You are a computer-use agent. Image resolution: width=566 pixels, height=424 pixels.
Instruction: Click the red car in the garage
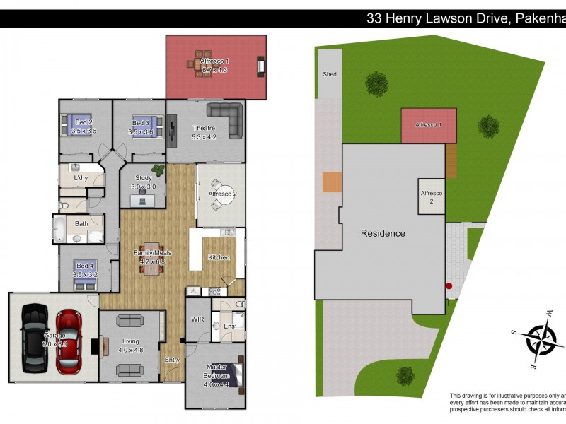tap(69, 341)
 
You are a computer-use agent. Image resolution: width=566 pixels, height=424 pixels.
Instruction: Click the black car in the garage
tap(34, 338)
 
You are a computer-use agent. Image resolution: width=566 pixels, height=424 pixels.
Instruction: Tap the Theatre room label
tap(204, 132)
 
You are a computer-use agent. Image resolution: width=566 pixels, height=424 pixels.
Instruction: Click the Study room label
tap(143, 182)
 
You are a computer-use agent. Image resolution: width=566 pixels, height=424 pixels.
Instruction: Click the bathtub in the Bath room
tap(59, 229)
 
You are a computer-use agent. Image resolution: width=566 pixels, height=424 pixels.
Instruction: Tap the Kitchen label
tap(219, 257)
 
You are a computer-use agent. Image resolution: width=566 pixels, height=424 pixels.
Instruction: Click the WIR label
tap(197, 319)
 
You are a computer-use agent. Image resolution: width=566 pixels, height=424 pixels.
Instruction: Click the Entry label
tap(172, 360)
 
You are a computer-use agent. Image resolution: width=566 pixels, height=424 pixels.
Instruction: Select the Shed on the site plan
tap(329, 73)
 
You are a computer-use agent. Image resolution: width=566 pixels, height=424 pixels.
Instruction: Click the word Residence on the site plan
tap(383, 233)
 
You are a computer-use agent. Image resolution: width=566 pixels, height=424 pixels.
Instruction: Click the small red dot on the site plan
tap(449, 286)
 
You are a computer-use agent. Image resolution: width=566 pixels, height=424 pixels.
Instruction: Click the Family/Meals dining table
tap(150, 258)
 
